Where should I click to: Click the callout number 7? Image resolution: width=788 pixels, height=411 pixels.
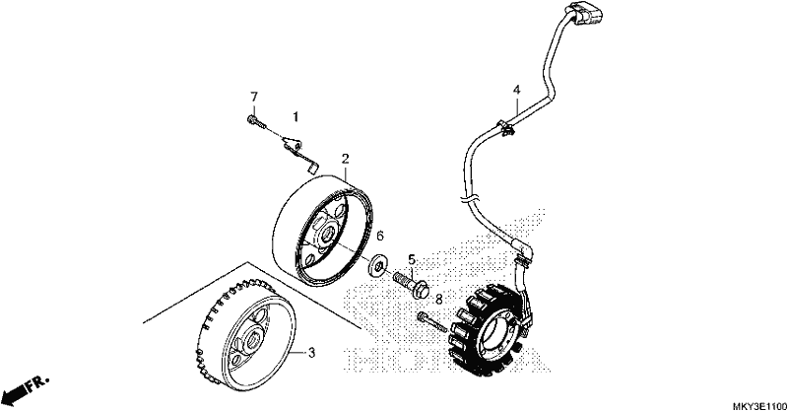[254, 97]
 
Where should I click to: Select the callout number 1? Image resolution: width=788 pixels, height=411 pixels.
[296, 116]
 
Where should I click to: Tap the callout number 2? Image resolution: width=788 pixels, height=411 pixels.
[346, 159]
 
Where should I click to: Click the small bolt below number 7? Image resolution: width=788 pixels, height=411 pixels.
[255, 121]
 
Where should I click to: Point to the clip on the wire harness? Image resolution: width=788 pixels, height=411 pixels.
[506, 128]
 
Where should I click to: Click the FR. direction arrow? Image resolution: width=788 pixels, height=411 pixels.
[26, 388]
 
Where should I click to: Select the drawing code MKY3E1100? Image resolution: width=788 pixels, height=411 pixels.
[758, 405]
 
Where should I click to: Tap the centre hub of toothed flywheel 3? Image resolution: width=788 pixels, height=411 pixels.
[250, 343]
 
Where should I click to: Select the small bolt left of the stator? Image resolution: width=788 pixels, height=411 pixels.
[431, 322]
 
